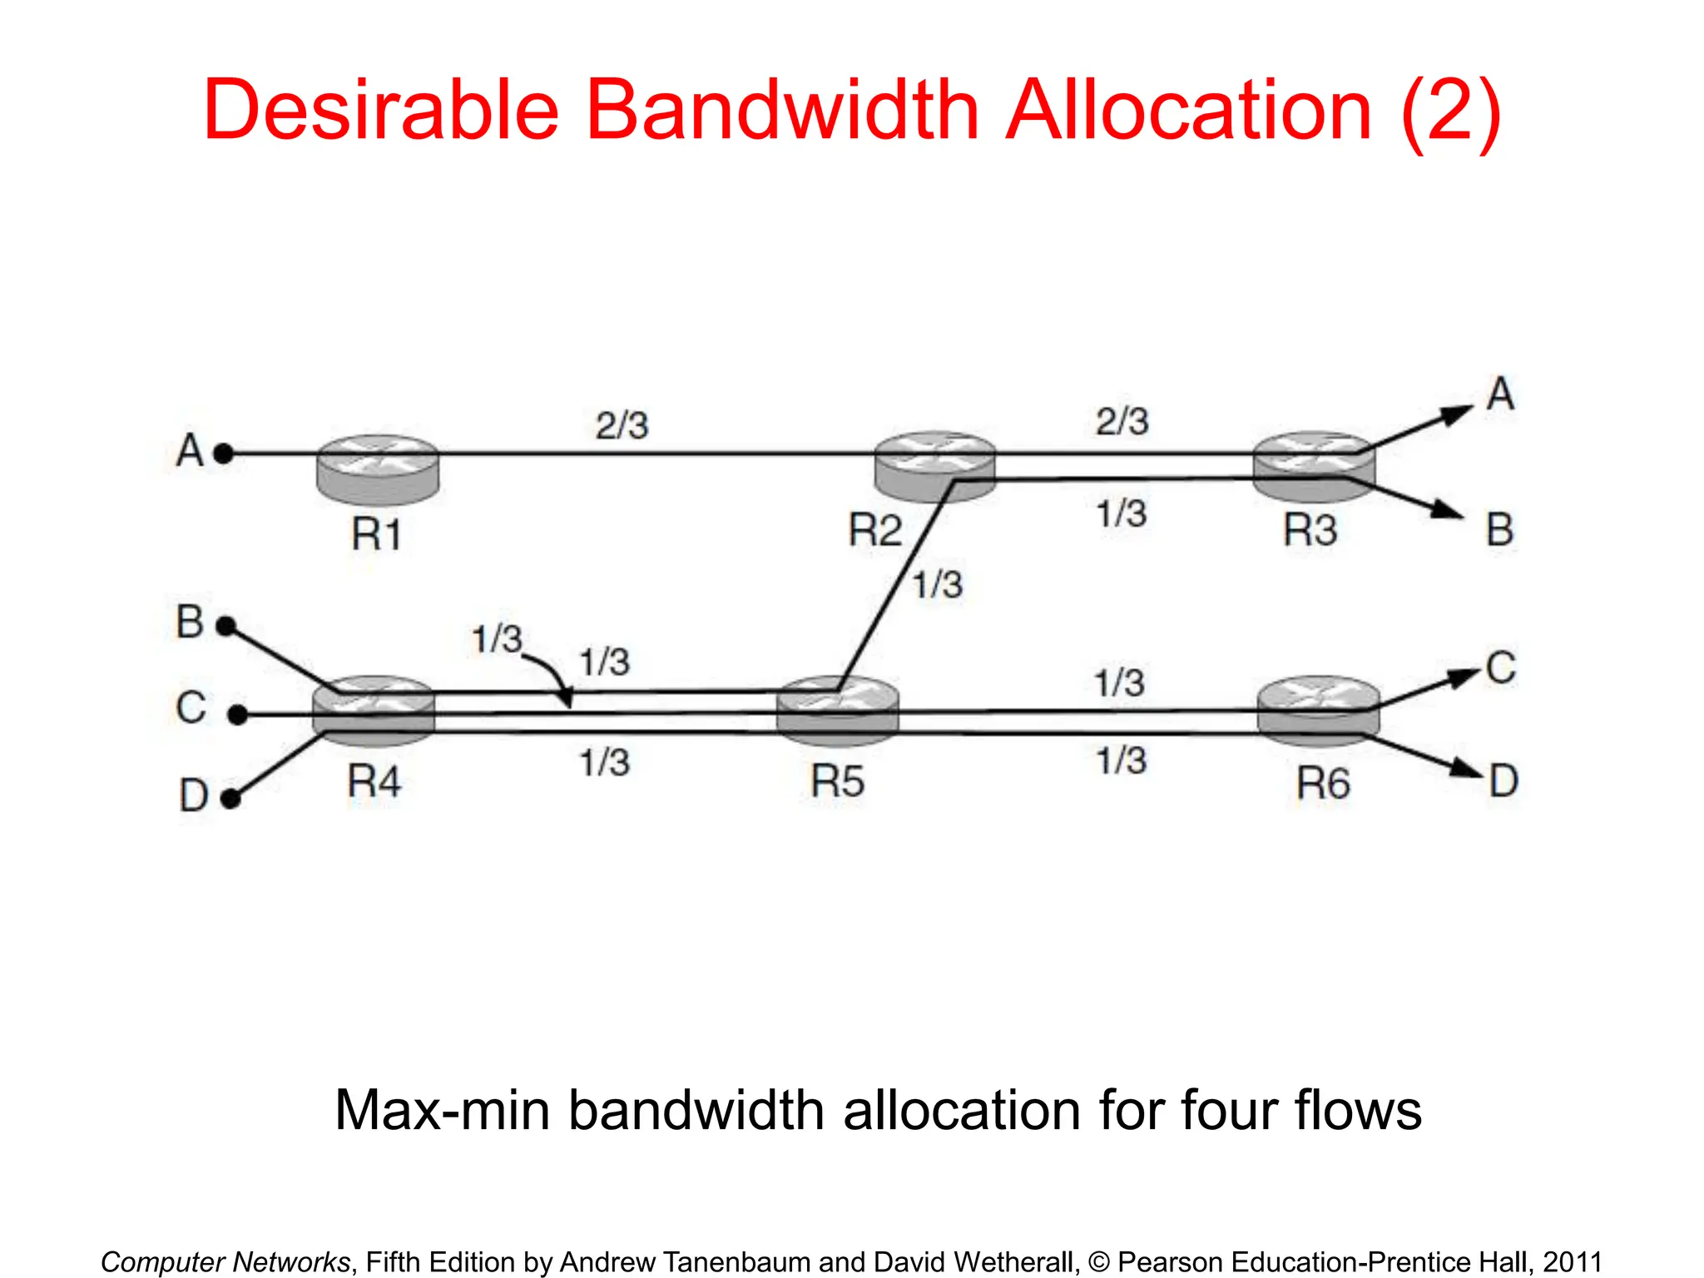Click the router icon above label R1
click(378, 469)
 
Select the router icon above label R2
click(935, 466)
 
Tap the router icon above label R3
click(1314, 466)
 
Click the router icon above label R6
click(1318, 712)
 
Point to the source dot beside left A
click(223, 454)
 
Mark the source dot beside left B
click(225, 627)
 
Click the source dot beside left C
click(238, 715)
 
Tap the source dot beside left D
click(231, 800)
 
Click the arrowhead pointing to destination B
click(1448, 510)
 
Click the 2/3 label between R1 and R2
click(622, 425)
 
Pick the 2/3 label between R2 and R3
click(1122, 421)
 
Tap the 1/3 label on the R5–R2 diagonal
click(937, 585)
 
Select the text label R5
click(837, 781)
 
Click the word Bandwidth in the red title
click(782, 110)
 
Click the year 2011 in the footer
click(1572, 1261)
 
